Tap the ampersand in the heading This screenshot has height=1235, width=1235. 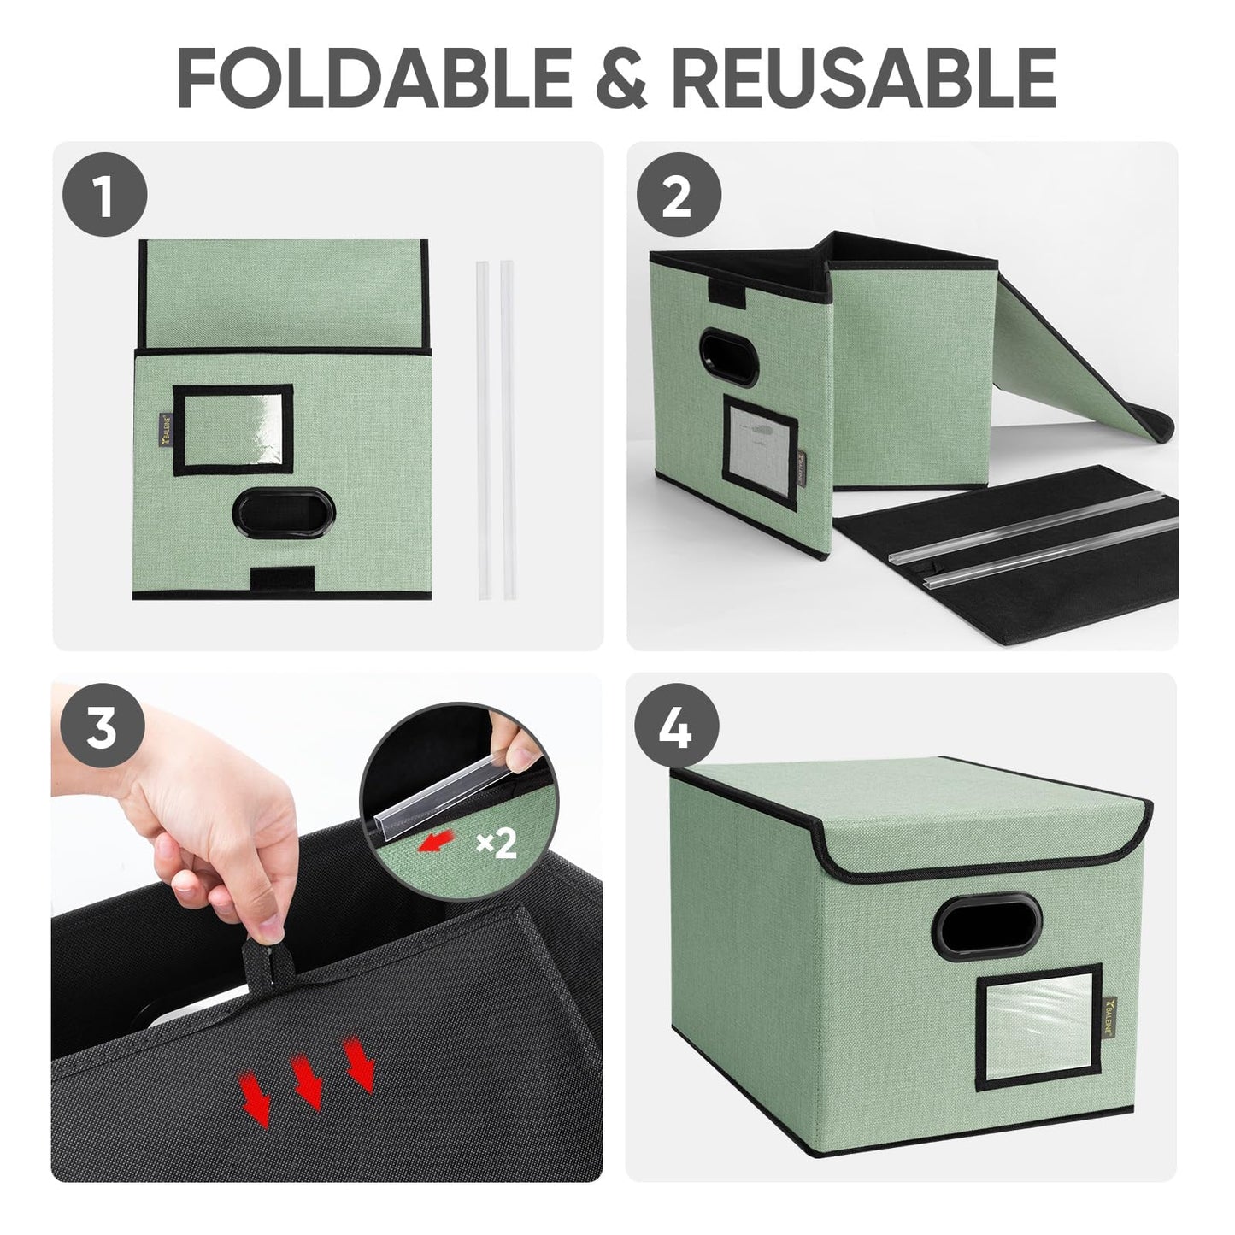point(620,78)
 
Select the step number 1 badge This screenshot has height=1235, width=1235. point(104,194)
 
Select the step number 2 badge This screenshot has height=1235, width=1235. point(679,194)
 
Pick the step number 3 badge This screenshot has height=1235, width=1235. point(103,725)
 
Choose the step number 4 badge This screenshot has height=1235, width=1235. point(677,725)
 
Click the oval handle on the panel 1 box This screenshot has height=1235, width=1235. point(283,512)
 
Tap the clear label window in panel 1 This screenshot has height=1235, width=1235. point(232,430)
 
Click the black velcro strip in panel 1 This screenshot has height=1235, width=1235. point(282,578)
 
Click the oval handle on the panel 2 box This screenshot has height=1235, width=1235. point(729,357)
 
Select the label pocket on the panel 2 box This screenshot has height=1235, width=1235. point(760,452)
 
